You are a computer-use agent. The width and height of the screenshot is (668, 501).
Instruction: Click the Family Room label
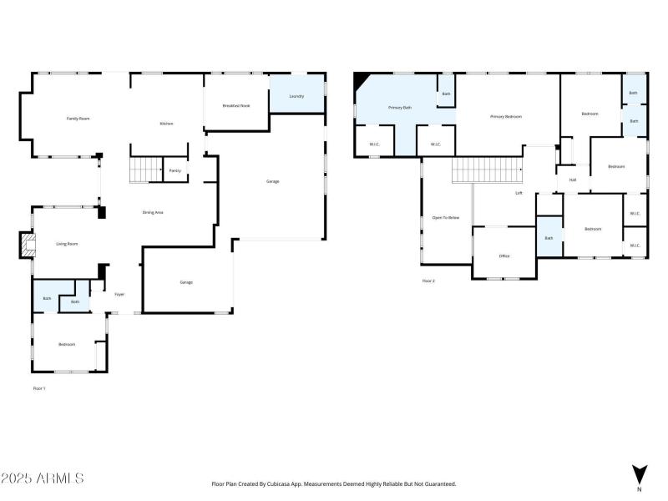(78, 119)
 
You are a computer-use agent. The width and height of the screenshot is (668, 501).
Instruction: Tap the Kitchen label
(166, 124)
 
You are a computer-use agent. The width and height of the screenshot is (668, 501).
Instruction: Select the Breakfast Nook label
(235, 105)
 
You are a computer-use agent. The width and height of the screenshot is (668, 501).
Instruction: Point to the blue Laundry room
(296, 97)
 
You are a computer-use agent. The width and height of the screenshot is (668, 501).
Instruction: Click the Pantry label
(175, 170)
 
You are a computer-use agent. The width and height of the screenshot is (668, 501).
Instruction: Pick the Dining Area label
(152, 213)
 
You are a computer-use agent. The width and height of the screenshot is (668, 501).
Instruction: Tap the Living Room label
(67, 244)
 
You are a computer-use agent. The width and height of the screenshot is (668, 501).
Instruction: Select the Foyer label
(119, 295)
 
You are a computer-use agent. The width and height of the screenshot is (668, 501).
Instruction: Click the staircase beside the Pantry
(144, 170)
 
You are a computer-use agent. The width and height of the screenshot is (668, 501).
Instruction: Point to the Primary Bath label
(399, 108)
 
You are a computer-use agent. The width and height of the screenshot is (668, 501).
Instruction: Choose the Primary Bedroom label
(505, 117)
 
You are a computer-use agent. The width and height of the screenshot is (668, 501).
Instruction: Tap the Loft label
(519, 193)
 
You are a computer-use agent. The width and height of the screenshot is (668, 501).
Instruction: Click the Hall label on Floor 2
(573, 180)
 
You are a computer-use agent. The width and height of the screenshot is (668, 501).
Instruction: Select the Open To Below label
(446, 217)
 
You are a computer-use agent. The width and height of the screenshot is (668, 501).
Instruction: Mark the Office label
(504, 256)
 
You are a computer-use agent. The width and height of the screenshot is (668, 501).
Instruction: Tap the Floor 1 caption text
(39, 388)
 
